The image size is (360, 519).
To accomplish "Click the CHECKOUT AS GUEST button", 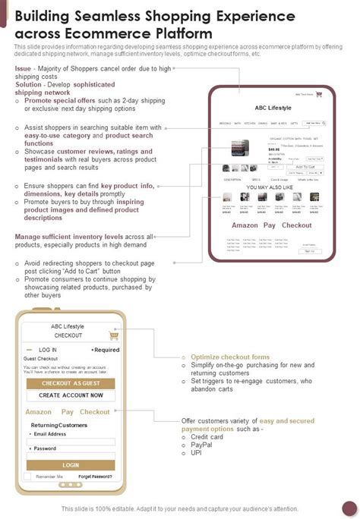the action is [x=71, y=384].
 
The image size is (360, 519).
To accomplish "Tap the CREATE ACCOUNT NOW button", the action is [x=71, y=395].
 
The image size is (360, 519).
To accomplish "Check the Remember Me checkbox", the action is [x=28, y=477].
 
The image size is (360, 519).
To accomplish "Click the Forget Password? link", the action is [x=95, y=477].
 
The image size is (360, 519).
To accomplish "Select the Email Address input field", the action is [x=71, y=442].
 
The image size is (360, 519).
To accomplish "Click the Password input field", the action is [x=71, y=455].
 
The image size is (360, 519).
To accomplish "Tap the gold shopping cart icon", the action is [x=114, y=335].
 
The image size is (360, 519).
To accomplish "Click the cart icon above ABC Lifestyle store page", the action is [x=319, y=95].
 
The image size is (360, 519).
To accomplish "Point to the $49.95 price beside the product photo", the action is [x=273, y=150].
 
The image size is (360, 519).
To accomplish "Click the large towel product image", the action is [x=240, y=149].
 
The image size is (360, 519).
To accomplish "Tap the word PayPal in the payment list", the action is [x=201, y=445].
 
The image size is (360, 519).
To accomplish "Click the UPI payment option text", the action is [x=196, y=453].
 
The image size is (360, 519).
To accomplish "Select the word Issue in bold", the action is [x=23, y=68].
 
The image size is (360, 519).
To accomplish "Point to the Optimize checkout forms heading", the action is [x=229, y=357].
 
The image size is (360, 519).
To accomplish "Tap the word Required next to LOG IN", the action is [x=106, y=350].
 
